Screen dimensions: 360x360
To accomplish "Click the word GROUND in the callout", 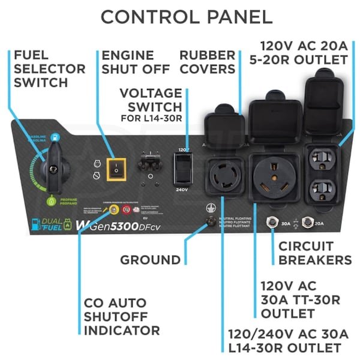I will [150, 260].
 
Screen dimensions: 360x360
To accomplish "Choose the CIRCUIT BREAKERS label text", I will [315, 253].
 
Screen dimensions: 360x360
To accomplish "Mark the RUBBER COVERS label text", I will [207, 62].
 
